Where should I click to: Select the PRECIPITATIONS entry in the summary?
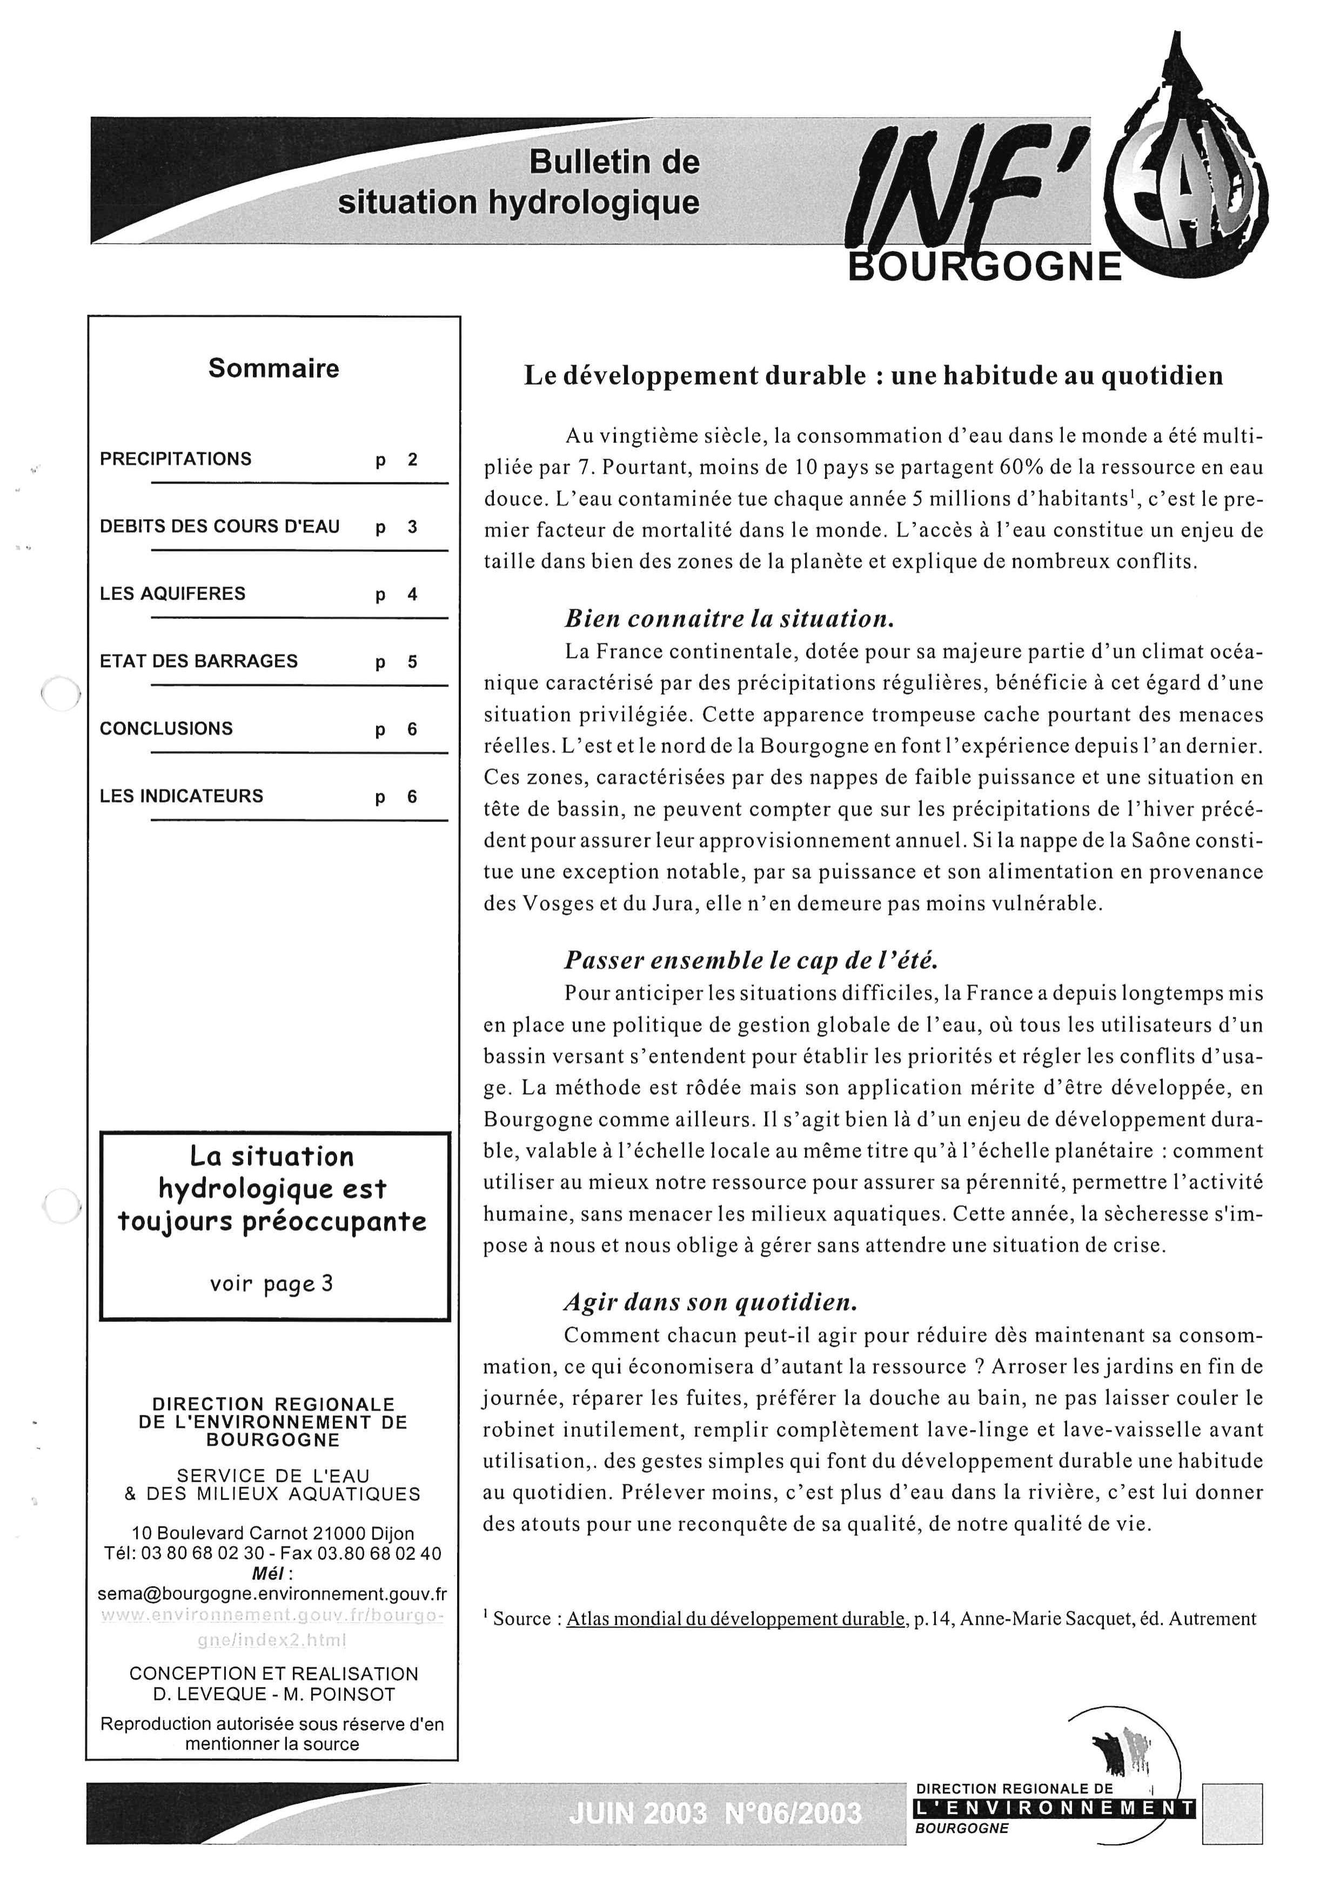point(176,459)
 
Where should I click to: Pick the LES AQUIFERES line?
point(172,594)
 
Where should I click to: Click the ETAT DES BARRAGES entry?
point(199,662)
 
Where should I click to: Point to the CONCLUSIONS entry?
point(166,729)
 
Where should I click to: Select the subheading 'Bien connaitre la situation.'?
point(729,619)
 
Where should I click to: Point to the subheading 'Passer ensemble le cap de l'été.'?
point(752,960)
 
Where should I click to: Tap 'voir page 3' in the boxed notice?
point(271,1284)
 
